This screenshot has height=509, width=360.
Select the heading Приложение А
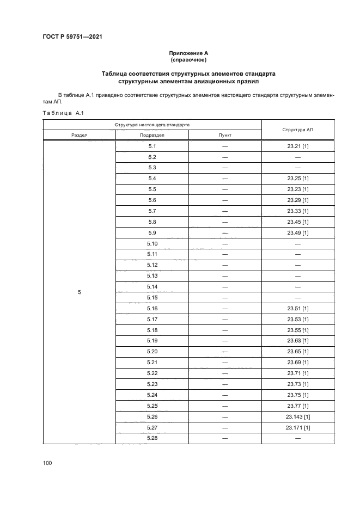click(188, 53)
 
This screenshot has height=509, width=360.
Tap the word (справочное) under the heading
click(188, 60)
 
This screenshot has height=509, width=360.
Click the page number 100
click(47, 463)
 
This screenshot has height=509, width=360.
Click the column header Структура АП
click(297, 130)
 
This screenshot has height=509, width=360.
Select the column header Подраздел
click(152, 135)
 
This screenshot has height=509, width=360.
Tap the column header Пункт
click(224, 135)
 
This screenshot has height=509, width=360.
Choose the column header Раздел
click(80, 135)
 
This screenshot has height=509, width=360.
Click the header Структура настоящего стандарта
click(152, 124)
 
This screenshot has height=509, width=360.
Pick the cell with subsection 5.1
click(152, 146)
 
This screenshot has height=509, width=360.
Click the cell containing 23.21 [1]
click(297, 146)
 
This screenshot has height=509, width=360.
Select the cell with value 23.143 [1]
click(297, 416)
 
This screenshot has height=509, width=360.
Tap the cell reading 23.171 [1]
click(297, 427)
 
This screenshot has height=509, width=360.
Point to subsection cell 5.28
click(152, 438)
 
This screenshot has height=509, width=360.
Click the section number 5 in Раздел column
click(80, 292)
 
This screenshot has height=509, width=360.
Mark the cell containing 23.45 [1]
click(297, 222)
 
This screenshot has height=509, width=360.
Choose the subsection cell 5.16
click(152, 308)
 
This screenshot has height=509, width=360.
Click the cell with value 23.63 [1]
click(297, 341)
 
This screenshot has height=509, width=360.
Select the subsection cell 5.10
click(152, 243)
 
